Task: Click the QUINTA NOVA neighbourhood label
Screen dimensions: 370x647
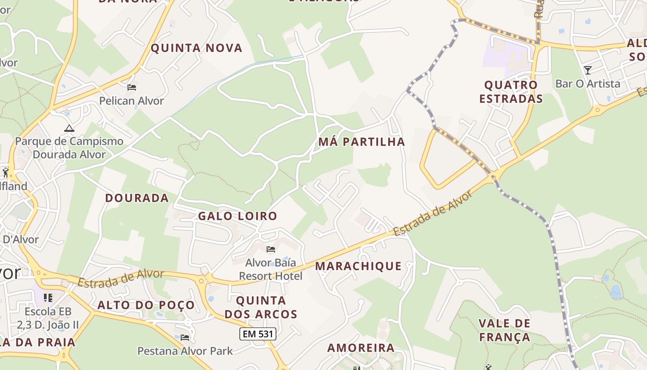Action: tap(196, 48)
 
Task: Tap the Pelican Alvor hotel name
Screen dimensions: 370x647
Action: tap(132, 100)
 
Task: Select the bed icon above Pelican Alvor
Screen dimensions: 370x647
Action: tap(132, 87)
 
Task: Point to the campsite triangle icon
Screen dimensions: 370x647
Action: tap(69, 128)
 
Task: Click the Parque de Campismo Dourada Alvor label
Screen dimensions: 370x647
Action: tap(69, 148)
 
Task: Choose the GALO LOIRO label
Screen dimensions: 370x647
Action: tap(238, 216)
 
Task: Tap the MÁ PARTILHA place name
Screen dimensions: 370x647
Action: tap(361, 142)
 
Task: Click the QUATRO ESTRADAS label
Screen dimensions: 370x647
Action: tap(511, 92)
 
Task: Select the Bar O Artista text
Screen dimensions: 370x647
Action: tap(588, 84)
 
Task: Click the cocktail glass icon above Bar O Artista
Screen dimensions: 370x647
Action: tap(588, 70)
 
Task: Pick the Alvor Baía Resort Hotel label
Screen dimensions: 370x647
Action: tap(274, 269)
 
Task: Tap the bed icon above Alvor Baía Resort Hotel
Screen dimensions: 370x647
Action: tap(271, 249)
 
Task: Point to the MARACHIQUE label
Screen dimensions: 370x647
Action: tap(358, 266)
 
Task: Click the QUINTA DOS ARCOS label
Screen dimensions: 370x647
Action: tap(261, 307)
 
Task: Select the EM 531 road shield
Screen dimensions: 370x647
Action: tap(258, 334)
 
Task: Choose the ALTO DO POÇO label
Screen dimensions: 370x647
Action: tap(146, 305)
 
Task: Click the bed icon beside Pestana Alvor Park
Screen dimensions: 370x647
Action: tap(185, 337)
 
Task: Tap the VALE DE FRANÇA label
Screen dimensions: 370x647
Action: tap(504, 330)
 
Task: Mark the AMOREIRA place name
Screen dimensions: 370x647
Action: tap(361, 348)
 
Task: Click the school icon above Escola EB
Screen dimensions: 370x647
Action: tap(48, 297)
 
